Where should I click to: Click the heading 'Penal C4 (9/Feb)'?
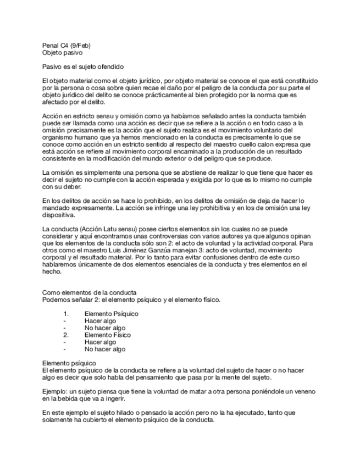(68, 45)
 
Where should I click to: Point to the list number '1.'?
(67, 314)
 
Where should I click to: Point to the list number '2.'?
(67, 335)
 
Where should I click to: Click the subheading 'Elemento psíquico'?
(69, 363)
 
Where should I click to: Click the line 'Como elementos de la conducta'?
(90, 292)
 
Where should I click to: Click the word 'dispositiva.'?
(58, 215)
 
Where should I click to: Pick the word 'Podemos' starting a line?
(56, 299)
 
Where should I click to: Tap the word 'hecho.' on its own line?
(51, 271)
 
